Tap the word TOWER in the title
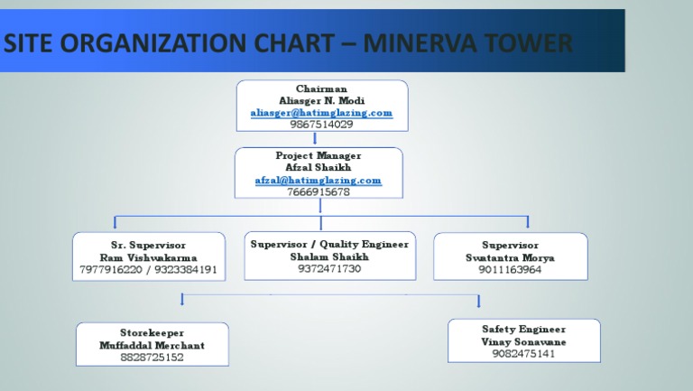tap(527, 42)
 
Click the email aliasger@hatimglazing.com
tap(321, 113)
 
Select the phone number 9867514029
tap(321, 125)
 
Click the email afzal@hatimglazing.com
tap(318, 181)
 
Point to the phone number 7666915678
tap(318, 192)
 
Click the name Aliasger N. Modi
tap(321, 101)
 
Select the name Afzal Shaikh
tap(318, 168)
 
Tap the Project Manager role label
tap(318, 156)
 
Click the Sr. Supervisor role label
tap(148, 245)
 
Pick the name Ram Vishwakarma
tap(148, 257)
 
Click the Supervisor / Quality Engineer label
tap(329, 244)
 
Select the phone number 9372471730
tap(329, 269)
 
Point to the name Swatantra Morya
tap(510, 257)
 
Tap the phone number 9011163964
tap(510, 269)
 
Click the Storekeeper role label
tap(152, 333)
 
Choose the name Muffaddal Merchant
tap(152, 346)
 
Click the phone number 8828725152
tap(152, 358)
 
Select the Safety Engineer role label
tap(523, 330)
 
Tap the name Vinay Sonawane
tap(523, 342)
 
